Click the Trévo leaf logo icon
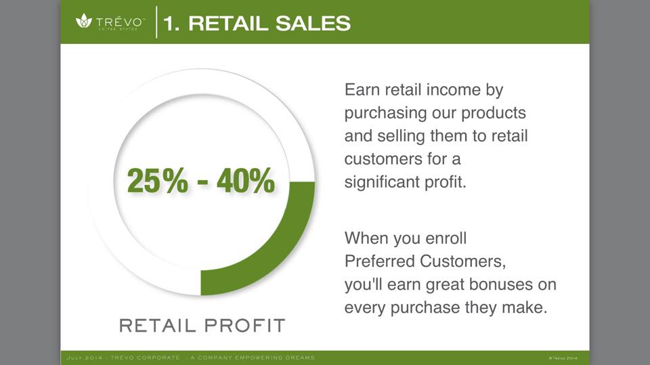(84, 20)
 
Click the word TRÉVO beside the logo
(121, 22)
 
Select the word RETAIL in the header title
(228, 23)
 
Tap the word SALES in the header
(313, 23)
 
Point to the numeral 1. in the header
(171, 23)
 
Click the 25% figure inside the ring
(158, 180)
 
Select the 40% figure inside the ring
(245, 180)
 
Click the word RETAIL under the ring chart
(158, 326)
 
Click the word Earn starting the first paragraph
(362, 89)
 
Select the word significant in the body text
(381, 182)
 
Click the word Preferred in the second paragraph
(379, 261)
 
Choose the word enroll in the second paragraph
(446, 238)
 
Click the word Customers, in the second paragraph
(462, 261)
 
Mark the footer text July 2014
(84, 358)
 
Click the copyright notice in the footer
(563, 358)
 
